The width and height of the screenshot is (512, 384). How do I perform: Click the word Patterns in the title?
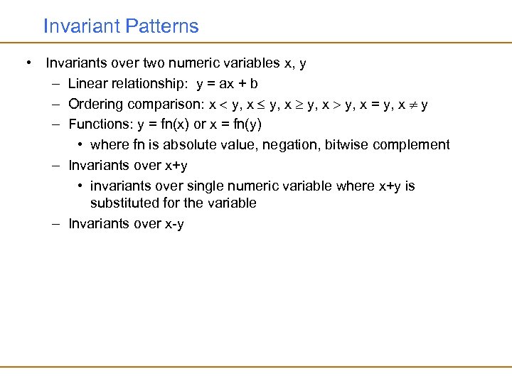tap(162, 27)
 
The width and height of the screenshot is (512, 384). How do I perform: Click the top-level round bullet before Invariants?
tap(27, 63)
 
